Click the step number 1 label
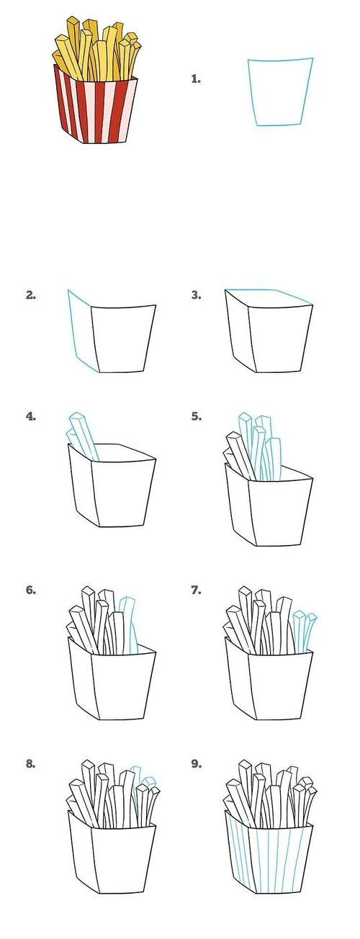pos(196,78)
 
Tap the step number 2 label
pos(30,295)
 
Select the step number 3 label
pos(196,295)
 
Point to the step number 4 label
pos(30,417)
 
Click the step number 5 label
pos(196,417)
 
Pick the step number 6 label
pos(30,590)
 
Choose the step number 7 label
pos(196,590)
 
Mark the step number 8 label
pos(30,764)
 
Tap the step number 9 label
pos(196,764)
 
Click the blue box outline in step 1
pos(250,92)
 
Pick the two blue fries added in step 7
pos(305,631)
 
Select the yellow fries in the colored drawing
pos(96,48)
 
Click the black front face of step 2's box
pos(123,338)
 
